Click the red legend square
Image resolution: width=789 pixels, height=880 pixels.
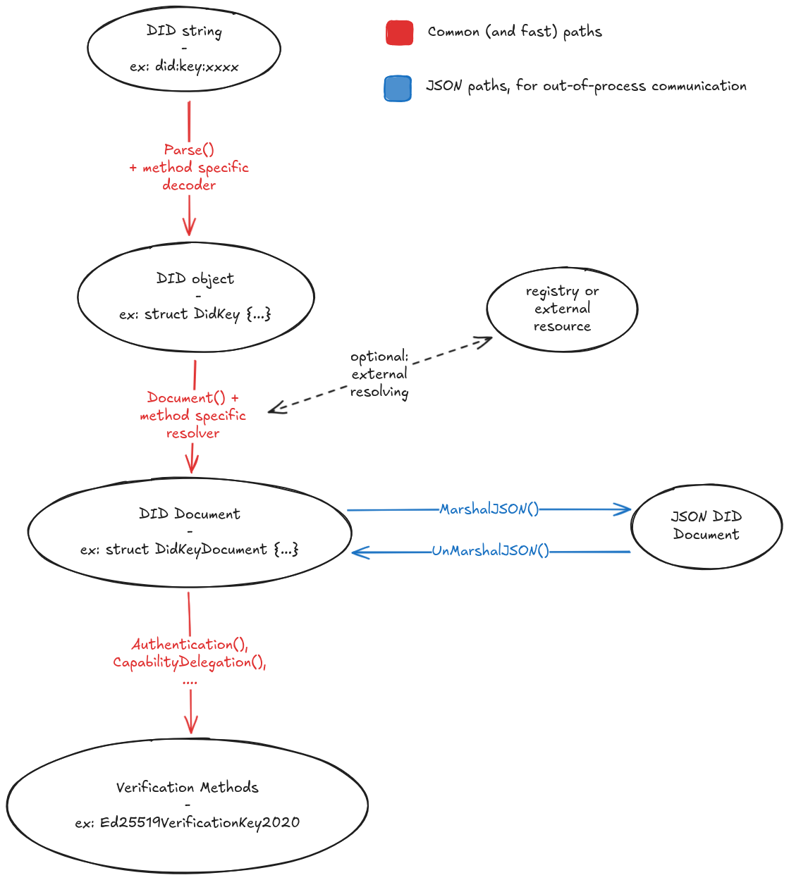tap(399, 32)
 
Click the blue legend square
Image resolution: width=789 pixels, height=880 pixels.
tap(398, 89)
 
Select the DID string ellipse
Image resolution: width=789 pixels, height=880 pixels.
tap(184, 48)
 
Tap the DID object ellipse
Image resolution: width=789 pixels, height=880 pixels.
tap(195, 297)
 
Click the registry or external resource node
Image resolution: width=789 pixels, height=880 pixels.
tap(562, 309)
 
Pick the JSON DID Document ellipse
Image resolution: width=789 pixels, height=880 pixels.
tap(706, 526)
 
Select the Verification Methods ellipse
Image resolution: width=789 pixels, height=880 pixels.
tap(188, 805)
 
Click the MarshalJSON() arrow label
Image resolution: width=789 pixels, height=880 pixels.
tap(489, 509)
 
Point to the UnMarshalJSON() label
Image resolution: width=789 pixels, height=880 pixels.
tap(490, 551)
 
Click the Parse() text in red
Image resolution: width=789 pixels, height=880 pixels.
tap(189, 149)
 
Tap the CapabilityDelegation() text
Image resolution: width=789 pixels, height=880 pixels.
tap(190, 662)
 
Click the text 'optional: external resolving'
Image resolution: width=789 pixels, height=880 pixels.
tap(379, 374)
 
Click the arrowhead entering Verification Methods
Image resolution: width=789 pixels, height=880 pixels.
tap(190, 726)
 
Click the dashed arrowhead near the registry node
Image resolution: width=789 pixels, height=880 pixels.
tap(484, 342)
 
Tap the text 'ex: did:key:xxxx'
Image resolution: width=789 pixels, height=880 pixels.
tap(184, 67)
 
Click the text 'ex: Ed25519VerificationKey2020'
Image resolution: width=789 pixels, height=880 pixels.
tap(188, 822)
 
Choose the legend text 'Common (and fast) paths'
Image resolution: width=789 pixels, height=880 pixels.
tap(515, 32)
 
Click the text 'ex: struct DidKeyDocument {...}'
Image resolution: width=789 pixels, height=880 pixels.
tap(189, 550)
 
